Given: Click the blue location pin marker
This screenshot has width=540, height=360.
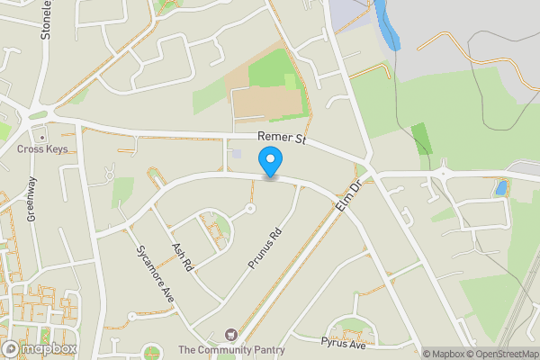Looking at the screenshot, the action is pyautogui.click(x=270, y=163).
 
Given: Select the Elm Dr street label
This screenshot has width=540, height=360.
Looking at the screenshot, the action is pyautogui.click(x=346, y=195).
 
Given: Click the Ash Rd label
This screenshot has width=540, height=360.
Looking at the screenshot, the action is pyautogui.click(x=182, y=256).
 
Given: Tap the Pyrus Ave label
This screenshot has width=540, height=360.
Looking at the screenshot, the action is pyautogui.click(x=343, y=344).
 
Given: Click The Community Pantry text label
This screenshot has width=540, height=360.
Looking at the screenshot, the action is pyautogui.click(x=231, y=350).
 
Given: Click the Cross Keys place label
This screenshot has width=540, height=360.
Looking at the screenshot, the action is pyautogui.click(x=41, y=148).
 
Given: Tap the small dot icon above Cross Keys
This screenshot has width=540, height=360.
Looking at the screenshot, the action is pyautogui.click(x=41, y=135).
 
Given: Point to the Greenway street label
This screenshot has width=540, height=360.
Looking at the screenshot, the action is pyautogui.click(x=31, y=199).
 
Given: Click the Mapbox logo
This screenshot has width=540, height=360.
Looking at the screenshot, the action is pyautogui.click(x=40, y=348).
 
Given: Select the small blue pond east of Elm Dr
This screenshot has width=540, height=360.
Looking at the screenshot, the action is pyautogui.click(x=500, y=188).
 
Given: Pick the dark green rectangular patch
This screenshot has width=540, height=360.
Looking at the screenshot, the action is pyautogui.click(x=421, y=138).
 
